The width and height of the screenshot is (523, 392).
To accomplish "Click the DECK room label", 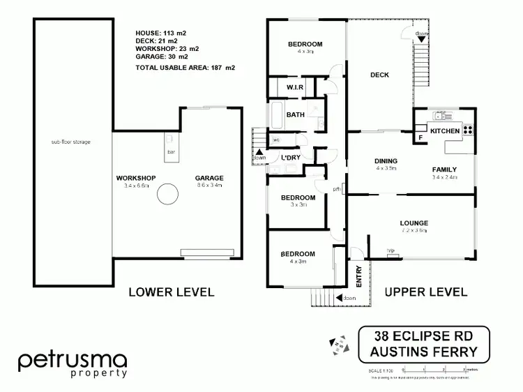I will (379, 75).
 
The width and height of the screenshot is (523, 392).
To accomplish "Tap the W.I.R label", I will (294, 87).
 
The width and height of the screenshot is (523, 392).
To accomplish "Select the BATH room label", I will (296, 115).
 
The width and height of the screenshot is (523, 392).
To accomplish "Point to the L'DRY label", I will (291, 158).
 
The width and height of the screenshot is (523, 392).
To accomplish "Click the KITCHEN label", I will (445, 131).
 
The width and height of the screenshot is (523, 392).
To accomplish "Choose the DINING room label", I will (386, 160).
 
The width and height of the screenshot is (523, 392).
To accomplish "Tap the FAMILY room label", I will (445, 169).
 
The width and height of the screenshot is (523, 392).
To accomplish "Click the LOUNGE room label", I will (414, 223).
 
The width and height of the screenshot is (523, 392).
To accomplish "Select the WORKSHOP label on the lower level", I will (135, 178).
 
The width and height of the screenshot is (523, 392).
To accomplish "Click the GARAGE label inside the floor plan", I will (209, 178).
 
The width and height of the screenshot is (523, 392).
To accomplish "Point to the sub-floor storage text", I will (70, 142).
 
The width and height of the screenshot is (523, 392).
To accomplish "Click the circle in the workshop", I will (168, 194).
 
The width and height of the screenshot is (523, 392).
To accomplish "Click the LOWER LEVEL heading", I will (171, 292).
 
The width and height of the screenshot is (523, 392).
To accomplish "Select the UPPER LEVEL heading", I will (426, 292).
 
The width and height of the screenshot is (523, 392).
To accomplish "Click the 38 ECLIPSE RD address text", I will (423, 336).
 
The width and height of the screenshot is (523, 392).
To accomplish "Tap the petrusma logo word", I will (73, 361).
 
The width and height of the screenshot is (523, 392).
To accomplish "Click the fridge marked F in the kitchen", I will (420, 137).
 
